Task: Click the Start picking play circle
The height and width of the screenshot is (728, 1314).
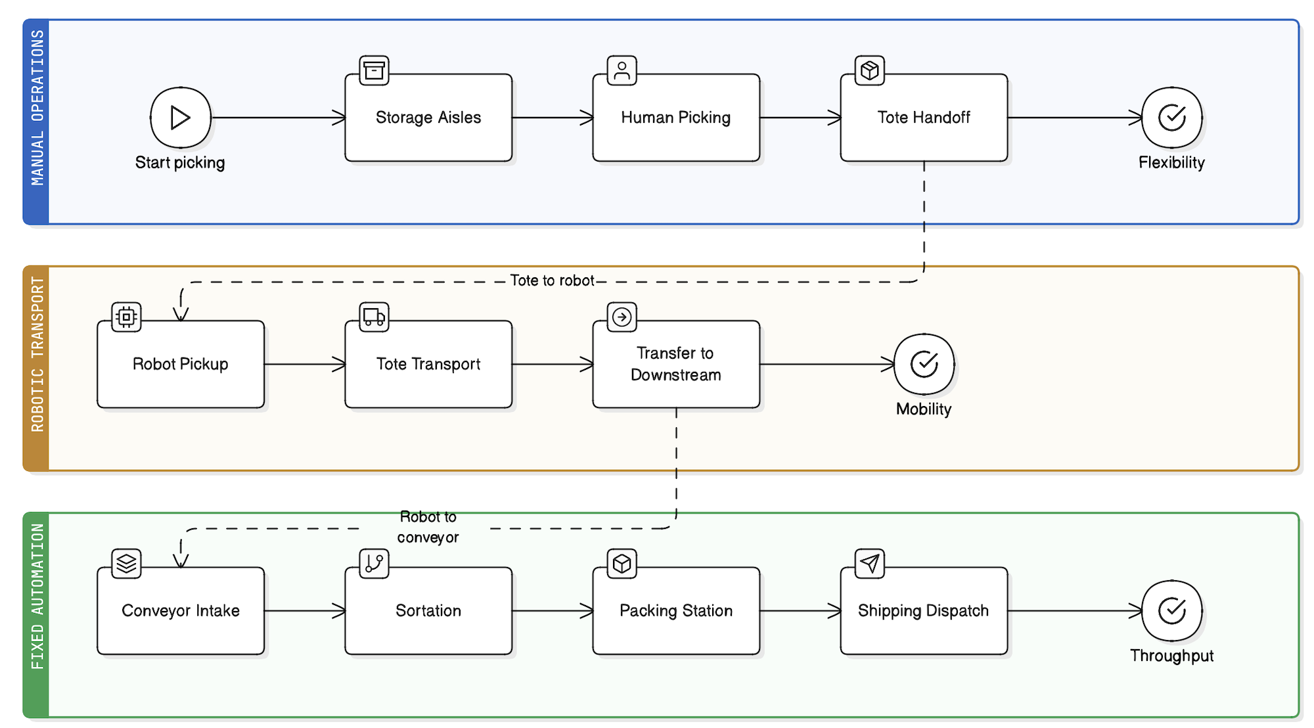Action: point(180,118)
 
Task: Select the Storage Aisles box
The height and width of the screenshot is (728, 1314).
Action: point(428,118)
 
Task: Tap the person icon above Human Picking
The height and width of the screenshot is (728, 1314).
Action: point(622,70)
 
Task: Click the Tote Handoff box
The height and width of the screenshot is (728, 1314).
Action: point(923,118)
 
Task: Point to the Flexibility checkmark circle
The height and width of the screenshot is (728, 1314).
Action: point(1171,118)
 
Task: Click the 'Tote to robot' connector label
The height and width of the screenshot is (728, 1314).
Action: point(552,281)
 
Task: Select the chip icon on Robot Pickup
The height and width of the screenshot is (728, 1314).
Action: point(126,317)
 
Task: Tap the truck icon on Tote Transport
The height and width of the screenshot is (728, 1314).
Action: point(374,317)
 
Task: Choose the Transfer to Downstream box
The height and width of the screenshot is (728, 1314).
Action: point(675,365)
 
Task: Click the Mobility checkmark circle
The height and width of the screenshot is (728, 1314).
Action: point(924,364)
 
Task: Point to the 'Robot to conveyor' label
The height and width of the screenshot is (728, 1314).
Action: point(428,527)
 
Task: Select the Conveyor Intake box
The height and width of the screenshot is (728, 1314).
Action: point(181,611)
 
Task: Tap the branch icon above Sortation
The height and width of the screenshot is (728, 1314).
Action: point(374,564)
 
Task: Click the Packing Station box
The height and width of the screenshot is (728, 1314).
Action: point(675,611)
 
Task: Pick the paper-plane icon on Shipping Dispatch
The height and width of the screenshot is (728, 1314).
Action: point(869,564)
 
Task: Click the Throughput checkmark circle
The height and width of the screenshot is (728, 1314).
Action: point(1171,610)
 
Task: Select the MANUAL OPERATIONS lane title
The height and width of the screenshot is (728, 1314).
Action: point(37,108)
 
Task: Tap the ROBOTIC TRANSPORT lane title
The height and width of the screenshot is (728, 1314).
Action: point(37,355)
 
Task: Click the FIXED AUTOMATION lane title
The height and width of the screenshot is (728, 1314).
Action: point(37,597)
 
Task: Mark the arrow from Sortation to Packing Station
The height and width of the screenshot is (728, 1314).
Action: point(552,611)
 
